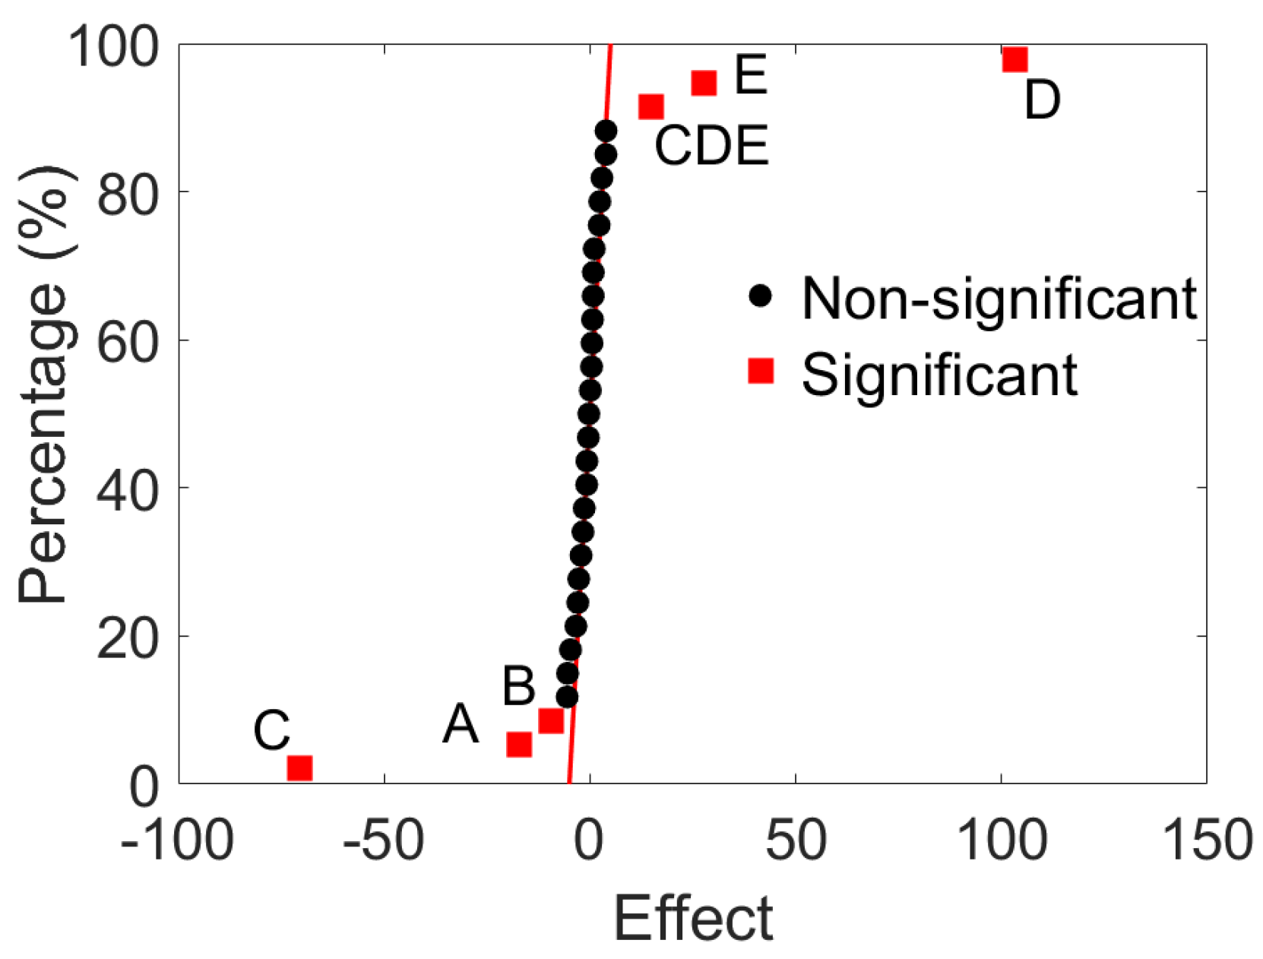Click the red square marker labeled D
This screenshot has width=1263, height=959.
(x=1015, y=59)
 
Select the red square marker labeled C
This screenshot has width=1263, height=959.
(x=300, y=768)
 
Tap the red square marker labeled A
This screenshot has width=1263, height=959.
(x=519, y=745)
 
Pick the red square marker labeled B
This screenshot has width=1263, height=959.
(x=551, y=720)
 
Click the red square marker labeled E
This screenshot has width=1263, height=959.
(x=704, y=82)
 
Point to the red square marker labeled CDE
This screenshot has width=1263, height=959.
(x=651, y=106)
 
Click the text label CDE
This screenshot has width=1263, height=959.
(x=711, y=146)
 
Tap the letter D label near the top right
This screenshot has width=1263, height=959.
(x=1042, y=100)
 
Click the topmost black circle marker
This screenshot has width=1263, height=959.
(x=606, y=131)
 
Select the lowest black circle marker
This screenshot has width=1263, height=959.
(x=567, y=696)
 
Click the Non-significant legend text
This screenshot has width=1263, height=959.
(x=999, y=299)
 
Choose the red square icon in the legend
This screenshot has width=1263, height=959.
(x=761, y=371)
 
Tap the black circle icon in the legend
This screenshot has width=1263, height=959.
(x=760, y=296)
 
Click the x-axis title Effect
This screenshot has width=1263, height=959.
(x=692, y=918)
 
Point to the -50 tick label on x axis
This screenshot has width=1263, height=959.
(x=383, y=841)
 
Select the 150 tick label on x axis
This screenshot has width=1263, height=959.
(x=1207, y=841)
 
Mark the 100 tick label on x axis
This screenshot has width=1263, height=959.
(x=1001, y=841)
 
